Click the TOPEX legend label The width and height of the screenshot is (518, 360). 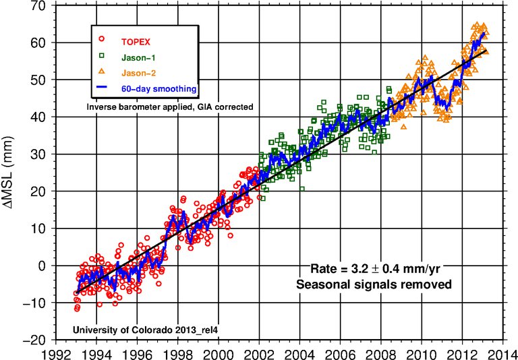click(x=136, y=42)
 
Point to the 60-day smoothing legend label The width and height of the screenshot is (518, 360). click(x=157, y=89)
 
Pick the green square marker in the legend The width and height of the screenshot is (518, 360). click(x=102, y=55)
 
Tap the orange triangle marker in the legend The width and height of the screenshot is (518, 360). click(x=102, y=71)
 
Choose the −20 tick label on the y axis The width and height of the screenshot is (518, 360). click(x=38, y=340)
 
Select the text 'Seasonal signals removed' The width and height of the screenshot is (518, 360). click(x=374, y=284)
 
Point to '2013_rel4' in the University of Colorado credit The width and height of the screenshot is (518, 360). click(x=200, y=330)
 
